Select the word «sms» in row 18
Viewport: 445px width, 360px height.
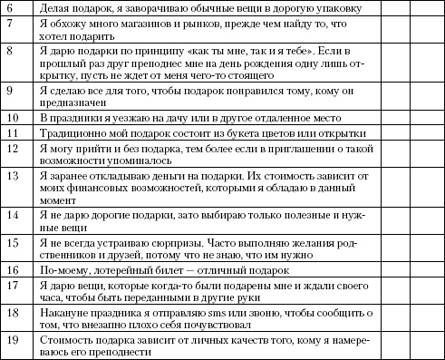(x=196, y=313)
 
